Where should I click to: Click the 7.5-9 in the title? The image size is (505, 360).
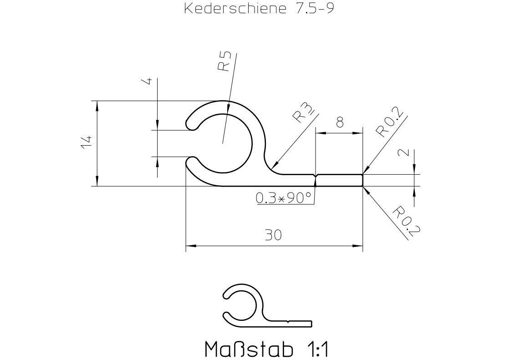click(311, 9)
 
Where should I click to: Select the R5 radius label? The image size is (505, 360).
click(224, 61)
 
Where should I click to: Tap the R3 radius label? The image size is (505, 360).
click(302, 113)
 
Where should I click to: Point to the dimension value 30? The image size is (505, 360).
click(273, 235)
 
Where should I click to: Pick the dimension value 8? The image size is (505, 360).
click(339, 122)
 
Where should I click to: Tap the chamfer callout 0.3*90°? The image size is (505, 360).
click(283, 198)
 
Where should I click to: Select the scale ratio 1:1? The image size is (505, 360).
click(315, 350)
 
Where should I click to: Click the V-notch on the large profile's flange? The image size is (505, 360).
click(316, 176)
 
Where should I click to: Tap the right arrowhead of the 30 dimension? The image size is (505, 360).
click(358, 246)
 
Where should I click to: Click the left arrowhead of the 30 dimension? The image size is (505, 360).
click(191, 246)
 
